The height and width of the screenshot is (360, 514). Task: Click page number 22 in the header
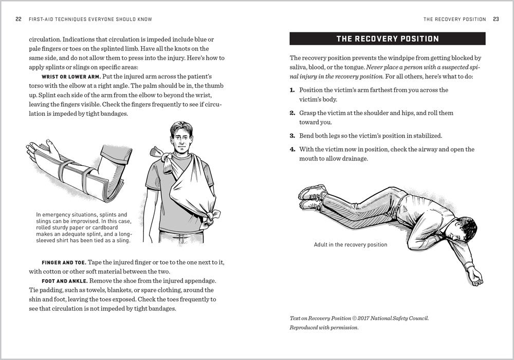click(x=19, y=20)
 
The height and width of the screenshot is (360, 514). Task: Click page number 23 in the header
click(x=495, y=20)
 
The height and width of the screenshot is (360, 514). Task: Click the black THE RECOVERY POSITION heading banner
click(x=387, y=39)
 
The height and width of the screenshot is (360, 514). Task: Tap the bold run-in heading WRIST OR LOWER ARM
click(x=71, y=77)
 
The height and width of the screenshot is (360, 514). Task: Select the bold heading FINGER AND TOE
click(x=64, y=262)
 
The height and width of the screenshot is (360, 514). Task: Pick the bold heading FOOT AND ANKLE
click(x=65, y=281)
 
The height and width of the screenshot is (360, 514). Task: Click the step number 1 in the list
click(x=292, y=90)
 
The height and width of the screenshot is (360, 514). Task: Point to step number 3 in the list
click(x=292, y=136)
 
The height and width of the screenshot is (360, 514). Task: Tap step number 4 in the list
click(x=292, y=150)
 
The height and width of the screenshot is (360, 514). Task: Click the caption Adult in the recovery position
click(x=350, y=245)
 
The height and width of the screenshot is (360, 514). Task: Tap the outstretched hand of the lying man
click(x=478, y=279)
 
